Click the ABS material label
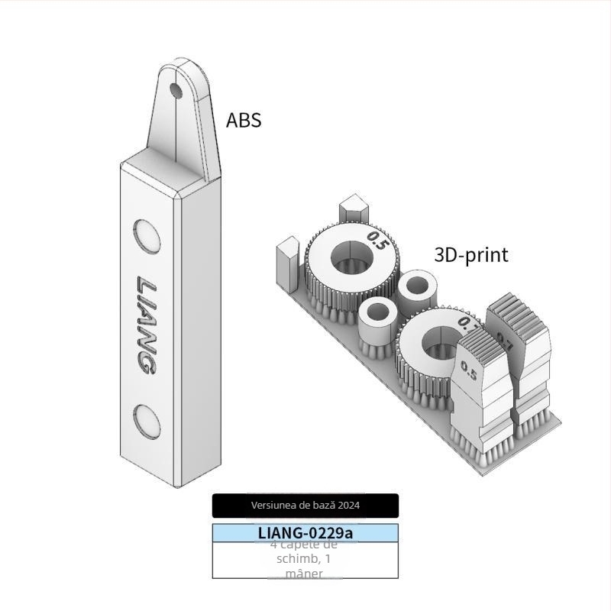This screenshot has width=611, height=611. [244, 120]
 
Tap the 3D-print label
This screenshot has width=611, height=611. [470, 254]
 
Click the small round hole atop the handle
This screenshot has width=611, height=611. [176, 92]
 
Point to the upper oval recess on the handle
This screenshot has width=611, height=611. [146, 236]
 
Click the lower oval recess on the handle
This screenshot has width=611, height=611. [146, 420]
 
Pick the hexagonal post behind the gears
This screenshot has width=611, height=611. [354, 209]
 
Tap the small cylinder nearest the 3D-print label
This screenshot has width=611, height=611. [417, 289]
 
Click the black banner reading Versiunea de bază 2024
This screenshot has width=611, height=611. [305, 505]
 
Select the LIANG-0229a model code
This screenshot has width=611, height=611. [305, 532]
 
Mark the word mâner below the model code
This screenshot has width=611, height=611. [304, 573]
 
